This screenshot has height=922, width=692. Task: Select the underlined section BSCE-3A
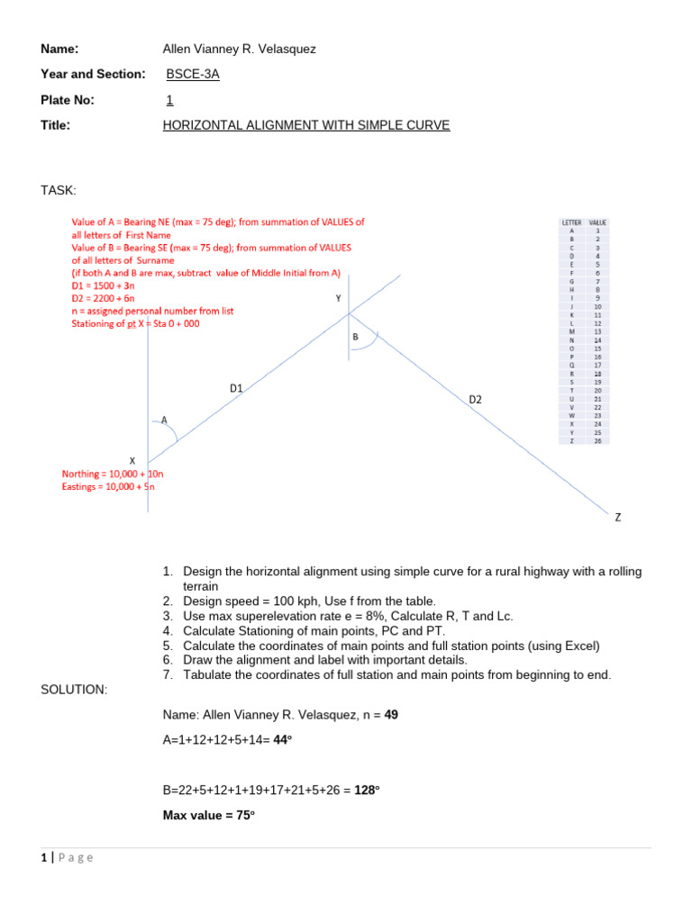click(193, 74)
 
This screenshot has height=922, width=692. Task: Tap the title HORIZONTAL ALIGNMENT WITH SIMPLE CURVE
click(305, 125)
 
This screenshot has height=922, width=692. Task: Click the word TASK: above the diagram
click(59, 190)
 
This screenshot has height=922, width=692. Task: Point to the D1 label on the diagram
click(237, 388)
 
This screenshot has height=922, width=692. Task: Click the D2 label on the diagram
click(476, 399)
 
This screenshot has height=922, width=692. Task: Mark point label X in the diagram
click(132, 460)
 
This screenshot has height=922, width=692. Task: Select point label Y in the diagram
click(338, 298)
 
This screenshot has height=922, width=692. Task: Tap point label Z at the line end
click(618, 518)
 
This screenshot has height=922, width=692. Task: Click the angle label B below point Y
click(356, 337)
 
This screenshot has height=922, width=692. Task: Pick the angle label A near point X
click(164, 419)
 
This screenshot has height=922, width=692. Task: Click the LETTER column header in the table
click(571, 222)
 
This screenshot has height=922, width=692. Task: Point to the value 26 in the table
click(597, 440)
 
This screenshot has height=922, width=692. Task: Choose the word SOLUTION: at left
click(74, 689)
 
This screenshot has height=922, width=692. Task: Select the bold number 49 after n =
click(391, 715)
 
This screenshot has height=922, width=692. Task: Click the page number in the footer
click(44, 857)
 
